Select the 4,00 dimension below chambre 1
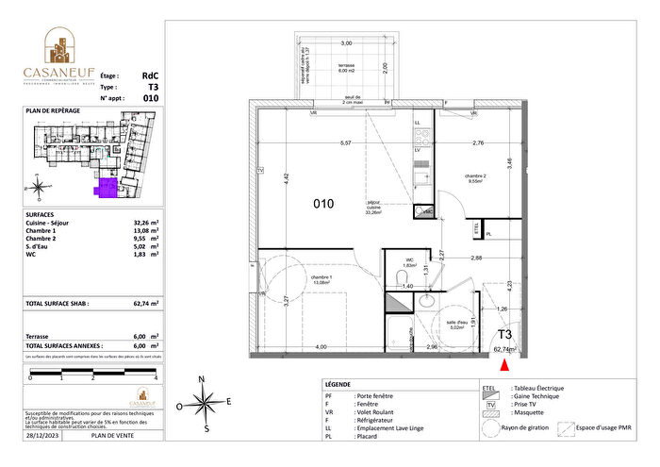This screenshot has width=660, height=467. click(321, 348)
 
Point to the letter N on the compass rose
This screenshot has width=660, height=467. click(202, 379)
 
